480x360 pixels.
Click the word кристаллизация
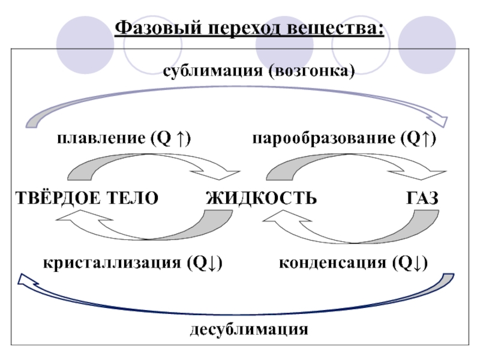click(x=112, y=263)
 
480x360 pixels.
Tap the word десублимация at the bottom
click(x=250, y=329)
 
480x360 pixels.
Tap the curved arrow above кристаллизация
click(x=150, y=231)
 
